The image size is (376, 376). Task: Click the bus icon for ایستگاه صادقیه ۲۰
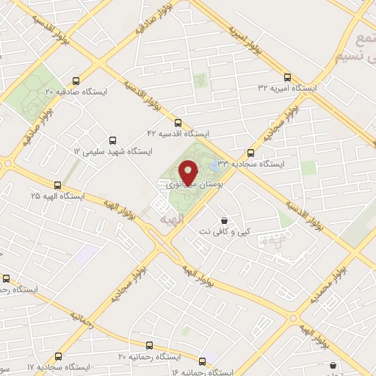click(x=76, y=82)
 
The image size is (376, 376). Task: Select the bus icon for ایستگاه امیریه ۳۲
click(x=286, y=76)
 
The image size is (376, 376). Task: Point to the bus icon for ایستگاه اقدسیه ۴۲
click(x=178, y=123)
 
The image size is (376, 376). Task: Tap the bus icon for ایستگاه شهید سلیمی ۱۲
click(x=112, y=140)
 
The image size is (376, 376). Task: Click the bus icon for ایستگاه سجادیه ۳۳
click(x=251, y=153)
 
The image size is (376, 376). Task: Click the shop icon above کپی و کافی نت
click(x=224, y=220)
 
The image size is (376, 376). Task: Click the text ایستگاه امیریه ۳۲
click(x=287, y=87)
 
